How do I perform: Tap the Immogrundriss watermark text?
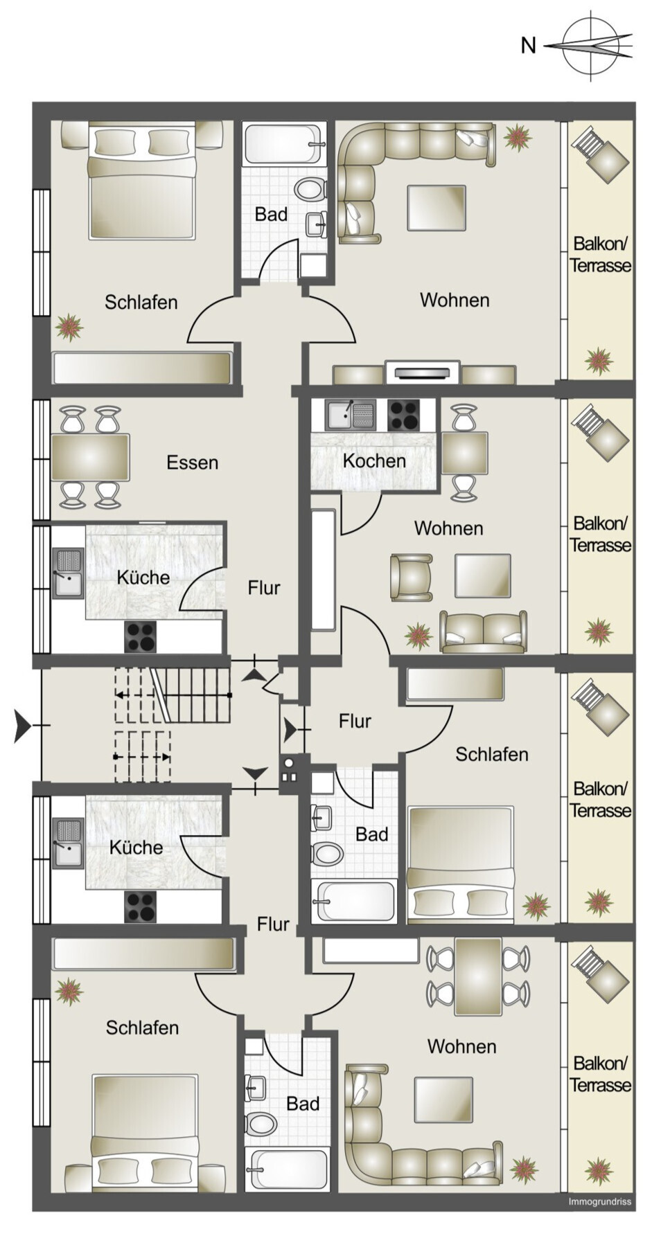point(599,1201)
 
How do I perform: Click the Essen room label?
point(192,463)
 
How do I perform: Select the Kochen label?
point(374,460)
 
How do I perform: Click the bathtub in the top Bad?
point(284,144)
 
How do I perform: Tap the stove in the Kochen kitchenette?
point(404,415)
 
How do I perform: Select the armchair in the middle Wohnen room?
point(411,577)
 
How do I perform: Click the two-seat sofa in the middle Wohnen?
point(483,632)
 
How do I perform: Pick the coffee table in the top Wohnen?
point(437,208)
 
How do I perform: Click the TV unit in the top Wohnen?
point(423,373)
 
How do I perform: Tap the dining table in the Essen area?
point(90,457)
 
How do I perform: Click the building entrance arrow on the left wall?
point(24,726)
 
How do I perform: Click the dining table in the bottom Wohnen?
point(478,976)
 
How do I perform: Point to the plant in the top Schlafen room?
point(69,327)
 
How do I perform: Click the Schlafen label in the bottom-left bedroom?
point(142,1028)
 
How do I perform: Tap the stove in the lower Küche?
point(140,907)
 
